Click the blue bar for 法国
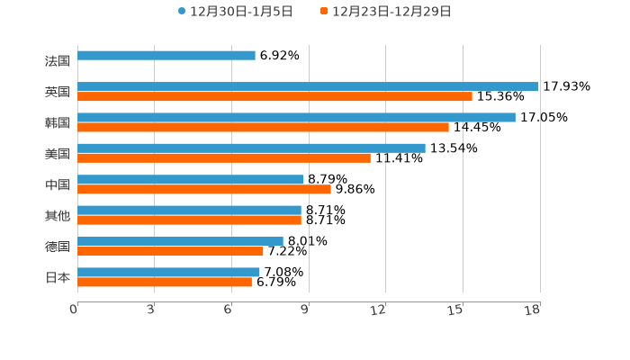click(x=166, y=56)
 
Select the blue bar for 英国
click(x=308, y=86)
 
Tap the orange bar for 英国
click(x=274, y=96)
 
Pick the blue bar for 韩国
click(x=296, y=117)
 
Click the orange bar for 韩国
click(x=263, y=127)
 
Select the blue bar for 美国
click(x=251, y=148)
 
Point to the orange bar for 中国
click(x=204, y=189)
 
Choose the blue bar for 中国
click(x=191, y=179)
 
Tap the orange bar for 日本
click(x=165, y=282)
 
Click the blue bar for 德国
click(x=180, y=241)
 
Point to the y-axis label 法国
click(x=58, y=61)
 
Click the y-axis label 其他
click(x=58, y=216)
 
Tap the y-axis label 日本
click(x=58, y=278)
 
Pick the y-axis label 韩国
click(x=58, y=123)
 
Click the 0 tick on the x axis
click(x=75, y=310)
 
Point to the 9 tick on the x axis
click(x=306, y=310)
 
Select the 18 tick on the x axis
click(x=533, y=310)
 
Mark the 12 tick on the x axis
click(x=379, y=310)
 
